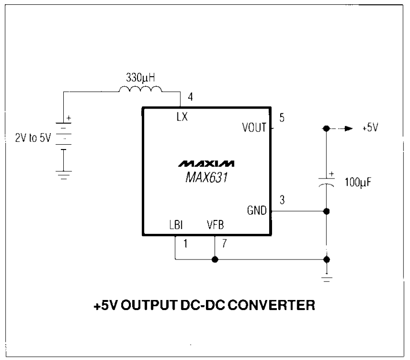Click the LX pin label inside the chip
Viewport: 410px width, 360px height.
(181, 117)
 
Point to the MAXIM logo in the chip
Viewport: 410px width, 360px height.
(206, 164)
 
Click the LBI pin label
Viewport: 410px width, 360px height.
(176, 224)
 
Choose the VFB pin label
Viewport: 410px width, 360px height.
(216, 224)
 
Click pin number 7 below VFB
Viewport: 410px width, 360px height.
(224, 244)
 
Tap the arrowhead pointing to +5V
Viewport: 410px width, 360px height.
(348, 129)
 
